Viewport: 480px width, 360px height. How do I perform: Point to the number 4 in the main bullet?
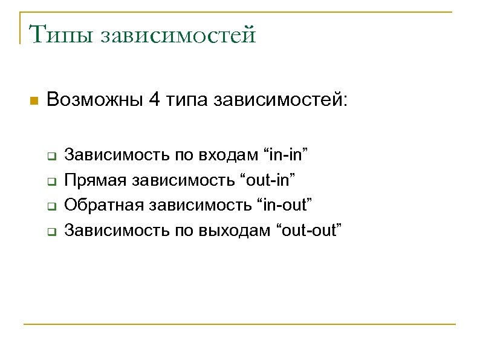[154, 99]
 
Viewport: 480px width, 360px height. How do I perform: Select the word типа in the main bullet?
[186, 99]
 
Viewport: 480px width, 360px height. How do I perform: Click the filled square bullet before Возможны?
[34, 100]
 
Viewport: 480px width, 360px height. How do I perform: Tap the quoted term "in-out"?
[284, 205]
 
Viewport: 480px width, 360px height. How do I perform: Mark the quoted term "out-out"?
[309, 230]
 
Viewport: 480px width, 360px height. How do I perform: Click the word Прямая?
[97, 180]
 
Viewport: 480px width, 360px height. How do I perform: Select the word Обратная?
[102, 205]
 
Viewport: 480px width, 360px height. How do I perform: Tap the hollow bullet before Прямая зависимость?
[51, 180]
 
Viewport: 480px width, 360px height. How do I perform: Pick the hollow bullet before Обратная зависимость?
[51, 206]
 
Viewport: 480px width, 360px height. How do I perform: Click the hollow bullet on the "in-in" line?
[51, 155]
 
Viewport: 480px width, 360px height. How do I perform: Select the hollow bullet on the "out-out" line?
[51, 231]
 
